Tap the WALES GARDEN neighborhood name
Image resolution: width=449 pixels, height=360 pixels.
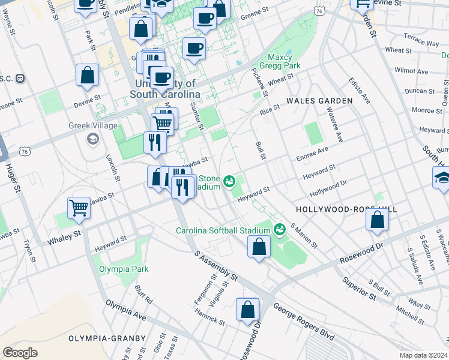tap(319, 101)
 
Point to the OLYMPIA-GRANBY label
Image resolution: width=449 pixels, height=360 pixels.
tap(107, 338)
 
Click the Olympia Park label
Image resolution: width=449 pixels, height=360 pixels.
tap(124, 269)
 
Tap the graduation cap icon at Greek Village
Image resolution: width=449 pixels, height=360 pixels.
tap(92, 140)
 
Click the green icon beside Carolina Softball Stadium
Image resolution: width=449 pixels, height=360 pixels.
tap(279, 229)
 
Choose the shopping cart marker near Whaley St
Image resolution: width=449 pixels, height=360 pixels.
tap(79, 208)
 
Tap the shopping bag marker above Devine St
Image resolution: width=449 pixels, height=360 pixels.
tap(87, 76)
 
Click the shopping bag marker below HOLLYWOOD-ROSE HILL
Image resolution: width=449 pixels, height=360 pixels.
tap(377, 220)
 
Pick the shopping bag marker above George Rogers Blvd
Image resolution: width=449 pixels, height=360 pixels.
tap(247, 310)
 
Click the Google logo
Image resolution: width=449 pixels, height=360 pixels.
tap(20, 352)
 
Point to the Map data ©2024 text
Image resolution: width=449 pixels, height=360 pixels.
tap(423, 355)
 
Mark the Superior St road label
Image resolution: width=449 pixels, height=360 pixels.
tap(359, 288)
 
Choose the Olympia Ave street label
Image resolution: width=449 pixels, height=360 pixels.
tap(125, 310)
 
